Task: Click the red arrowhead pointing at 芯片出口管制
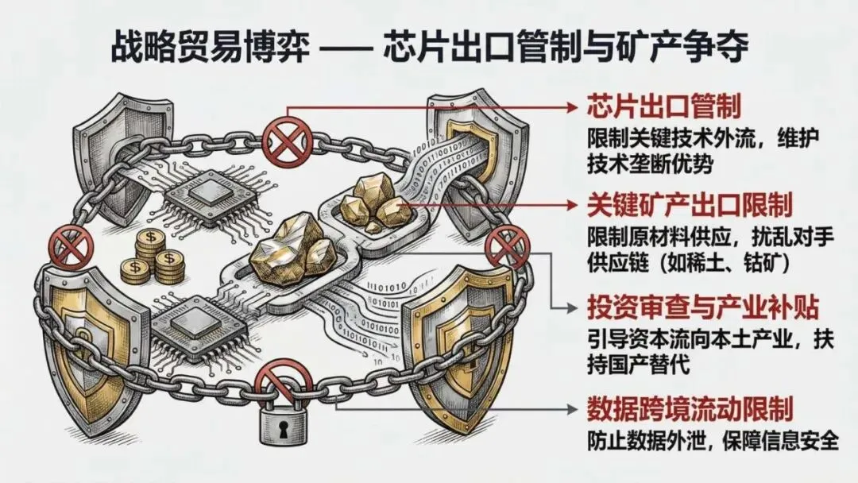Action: point(573,106)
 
